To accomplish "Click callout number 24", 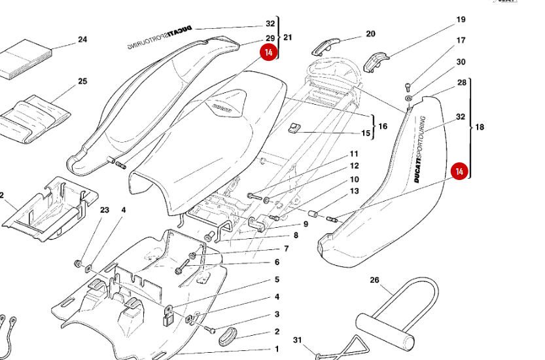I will (x=82, y=39).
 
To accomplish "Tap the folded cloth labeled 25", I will (x=34, y=115).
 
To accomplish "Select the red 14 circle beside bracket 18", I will (x=460, y=171).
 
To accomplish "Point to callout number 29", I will (x=270, y=39).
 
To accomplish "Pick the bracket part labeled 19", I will (x=377, y=62).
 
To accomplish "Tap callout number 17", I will (x=461, y=41).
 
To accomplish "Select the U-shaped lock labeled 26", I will (x=396, y=308).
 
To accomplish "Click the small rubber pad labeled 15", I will (x=294, y=128).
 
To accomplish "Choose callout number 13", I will (x=354, y=191).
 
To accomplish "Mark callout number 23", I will (x=104, y=210).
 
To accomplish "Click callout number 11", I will (x=353, y=154).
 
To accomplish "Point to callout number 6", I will (x=277, y=262).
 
